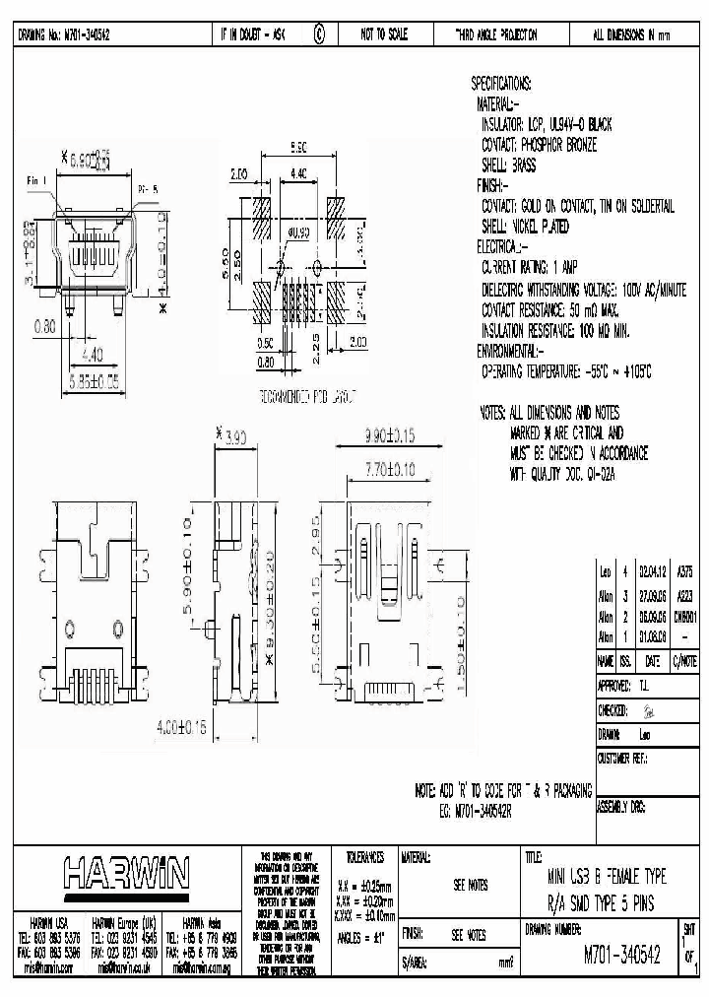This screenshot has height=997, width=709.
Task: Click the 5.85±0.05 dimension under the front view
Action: (x=95, y=376)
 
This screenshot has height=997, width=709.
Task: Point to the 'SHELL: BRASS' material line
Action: (x=509, y=166)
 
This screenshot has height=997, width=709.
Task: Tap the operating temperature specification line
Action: (x=566, y=370)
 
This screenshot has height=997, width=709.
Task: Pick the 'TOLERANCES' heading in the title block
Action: (x=359, y=858)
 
